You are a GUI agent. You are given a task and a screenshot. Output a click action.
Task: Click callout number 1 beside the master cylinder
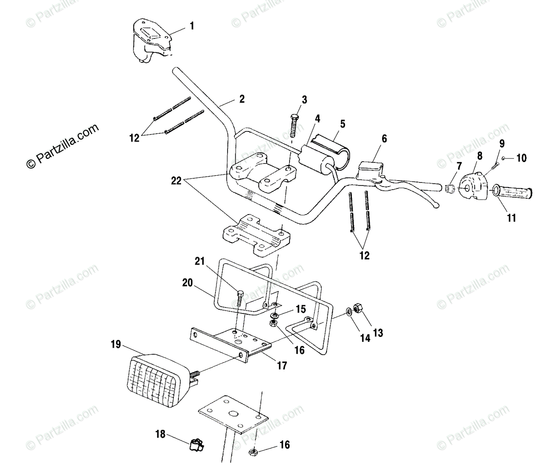click(192, 26)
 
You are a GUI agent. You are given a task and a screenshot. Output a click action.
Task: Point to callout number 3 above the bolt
click(304, 100)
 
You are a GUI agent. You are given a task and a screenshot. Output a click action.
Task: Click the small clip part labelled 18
click(196, 446)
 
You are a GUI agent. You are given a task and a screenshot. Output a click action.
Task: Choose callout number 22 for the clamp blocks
click(177, 181)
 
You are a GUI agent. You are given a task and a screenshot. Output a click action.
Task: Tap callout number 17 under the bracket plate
click(281, 365)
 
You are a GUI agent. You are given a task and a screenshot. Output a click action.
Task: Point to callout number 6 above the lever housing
click(384, 139)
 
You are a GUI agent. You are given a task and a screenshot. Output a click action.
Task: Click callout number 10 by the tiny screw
click(521, 158)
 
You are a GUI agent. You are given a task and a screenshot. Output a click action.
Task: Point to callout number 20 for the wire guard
click(187, 283)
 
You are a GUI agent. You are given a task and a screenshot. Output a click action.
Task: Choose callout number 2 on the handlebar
click(242, 99)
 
